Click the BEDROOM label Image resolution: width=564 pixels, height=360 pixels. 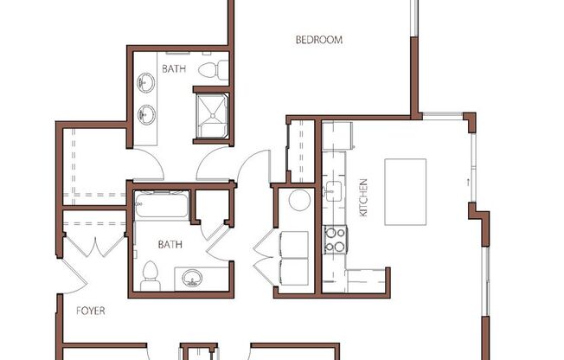coord(319,40)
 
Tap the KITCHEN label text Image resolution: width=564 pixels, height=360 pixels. coord(364,197)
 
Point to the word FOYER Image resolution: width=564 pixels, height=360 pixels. coord(90,310)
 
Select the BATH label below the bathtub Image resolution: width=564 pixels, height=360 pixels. coord(170,245)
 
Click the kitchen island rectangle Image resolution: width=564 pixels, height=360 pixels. coord(405,190)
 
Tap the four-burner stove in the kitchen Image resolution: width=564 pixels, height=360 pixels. coord(335,240)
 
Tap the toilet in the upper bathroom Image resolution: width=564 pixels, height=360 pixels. coord(211,69)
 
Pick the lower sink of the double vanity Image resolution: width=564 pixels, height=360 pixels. coord(146,112)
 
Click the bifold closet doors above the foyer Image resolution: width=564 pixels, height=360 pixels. coord(95,244)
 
